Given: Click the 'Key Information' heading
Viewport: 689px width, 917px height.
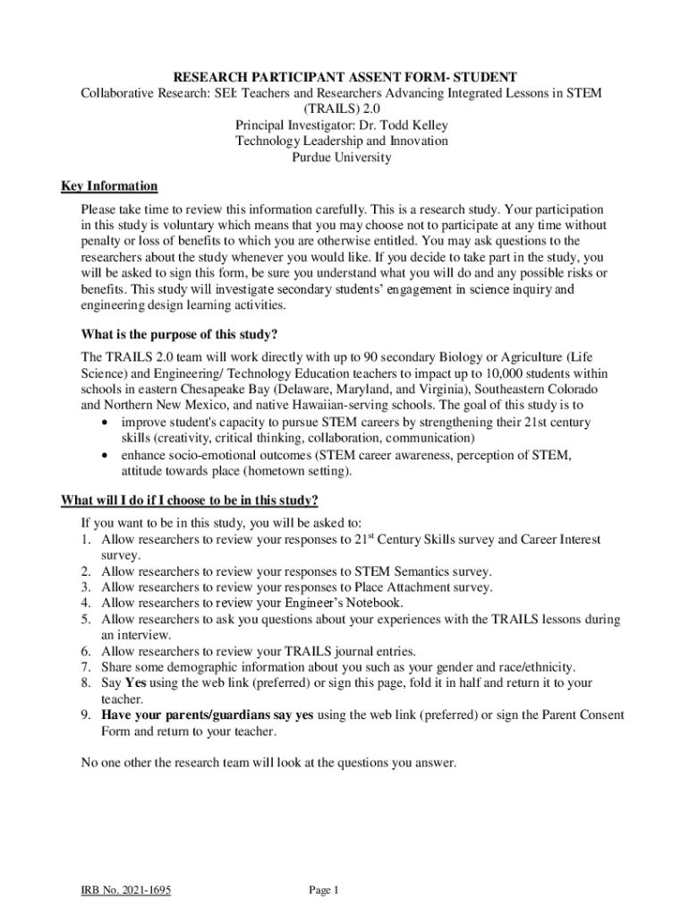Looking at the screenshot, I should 109,186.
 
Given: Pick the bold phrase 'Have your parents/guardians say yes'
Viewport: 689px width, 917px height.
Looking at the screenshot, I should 208,716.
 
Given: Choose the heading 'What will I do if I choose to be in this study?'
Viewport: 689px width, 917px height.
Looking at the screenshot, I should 189,500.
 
